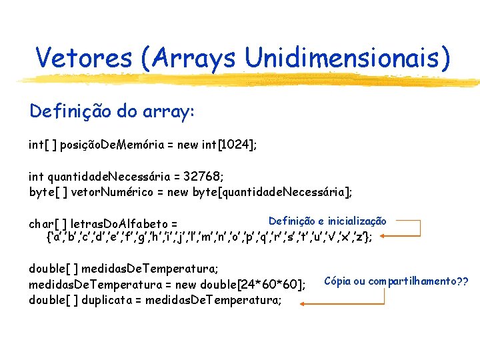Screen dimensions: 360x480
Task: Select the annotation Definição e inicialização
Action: pos(327,221)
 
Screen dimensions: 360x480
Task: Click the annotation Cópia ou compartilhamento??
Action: pos(396,281)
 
